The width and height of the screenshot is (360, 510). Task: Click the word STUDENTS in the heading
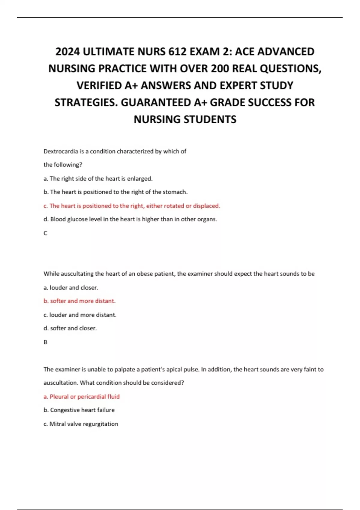pos(210,119)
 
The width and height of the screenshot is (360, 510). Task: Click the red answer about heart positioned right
pos(132,206)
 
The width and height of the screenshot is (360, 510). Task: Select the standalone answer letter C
pos(46,233)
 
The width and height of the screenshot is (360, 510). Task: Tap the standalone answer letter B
pos(46,342)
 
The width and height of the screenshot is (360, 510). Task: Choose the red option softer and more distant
pos(79,301)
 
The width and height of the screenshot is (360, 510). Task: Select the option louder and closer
pos(71,287)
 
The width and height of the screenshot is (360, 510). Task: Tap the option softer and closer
pos(70,328)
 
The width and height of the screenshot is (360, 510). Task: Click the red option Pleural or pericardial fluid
pos(82,397)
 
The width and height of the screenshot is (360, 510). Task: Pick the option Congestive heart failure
pos(79,410)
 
